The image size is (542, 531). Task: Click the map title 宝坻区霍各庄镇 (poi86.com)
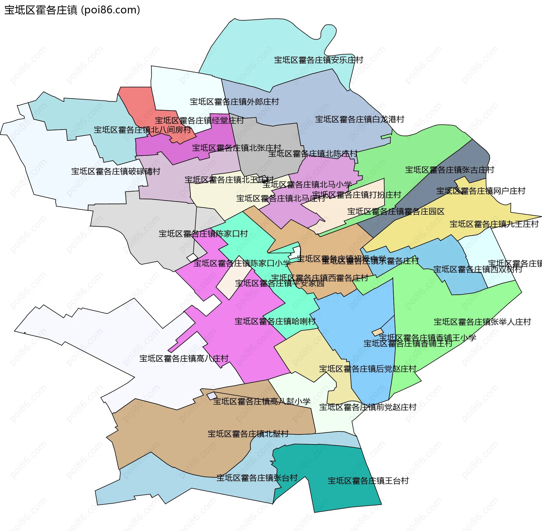[x=72, y=10]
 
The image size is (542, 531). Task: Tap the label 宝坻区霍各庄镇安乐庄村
[x=318, y=60]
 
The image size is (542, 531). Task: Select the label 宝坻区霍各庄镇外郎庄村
[x=234, y=102]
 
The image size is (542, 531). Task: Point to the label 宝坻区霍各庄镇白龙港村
[x=359, y=119]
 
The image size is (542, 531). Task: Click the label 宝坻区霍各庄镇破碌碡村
[x=116, y=171]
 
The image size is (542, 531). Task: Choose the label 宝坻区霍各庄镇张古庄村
[x=449, y=170]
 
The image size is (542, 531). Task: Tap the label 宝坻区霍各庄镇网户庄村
[x=481, y=191]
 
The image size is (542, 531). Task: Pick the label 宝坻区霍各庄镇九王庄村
[x=494, y=224]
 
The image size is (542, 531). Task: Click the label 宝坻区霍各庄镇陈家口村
[x=203, y=234]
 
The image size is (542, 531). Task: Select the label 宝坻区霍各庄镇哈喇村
[x=275, y=321]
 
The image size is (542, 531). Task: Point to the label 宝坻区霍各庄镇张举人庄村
[x=482, y=322]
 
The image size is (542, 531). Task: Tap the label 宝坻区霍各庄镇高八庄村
[x=184, y=359]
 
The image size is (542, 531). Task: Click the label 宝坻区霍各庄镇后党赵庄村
[x=368, y=369]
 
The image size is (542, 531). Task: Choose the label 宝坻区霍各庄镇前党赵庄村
[x=368, y=407]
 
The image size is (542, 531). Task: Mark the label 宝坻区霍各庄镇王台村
[x=368, y=481]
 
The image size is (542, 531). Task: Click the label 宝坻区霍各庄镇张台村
[x=257, y=478]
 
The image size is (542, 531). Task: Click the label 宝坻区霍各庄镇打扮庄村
[x=357, y=195]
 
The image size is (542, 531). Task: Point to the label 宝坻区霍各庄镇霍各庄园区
[x=396, y=212]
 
